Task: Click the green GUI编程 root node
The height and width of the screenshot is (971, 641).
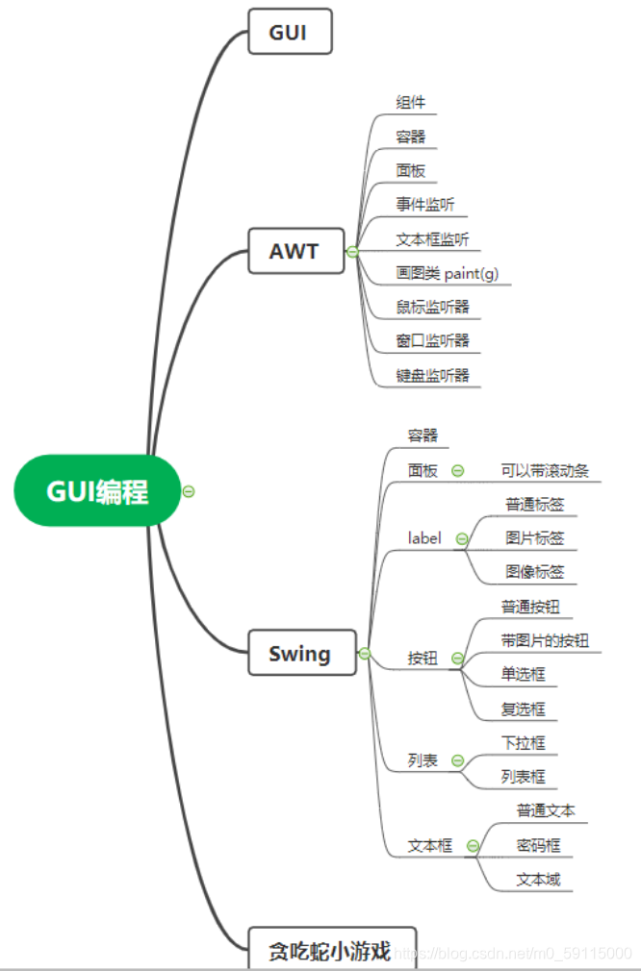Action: click(97, 491)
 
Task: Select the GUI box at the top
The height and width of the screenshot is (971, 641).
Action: click(290, 31)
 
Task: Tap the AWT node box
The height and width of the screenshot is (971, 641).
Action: click(295, 252)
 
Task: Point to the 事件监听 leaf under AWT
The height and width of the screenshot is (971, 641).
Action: click(424, 204)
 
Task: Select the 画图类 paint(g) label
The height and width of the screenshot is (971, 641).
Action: click(448, 273)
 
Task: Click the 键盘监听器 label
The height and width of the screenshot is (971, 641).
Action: click(432, 375)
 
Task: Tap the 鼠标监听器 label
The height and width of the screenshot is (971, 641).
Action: click(432, 307)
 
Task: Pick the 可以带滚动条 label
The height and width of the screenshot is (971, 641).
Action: click(544, 471)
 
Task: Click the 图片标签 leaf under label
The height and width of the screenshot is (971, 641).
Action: click(534, 537)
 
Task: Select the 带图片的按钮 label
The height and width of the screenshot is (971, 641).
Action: click(544, 640)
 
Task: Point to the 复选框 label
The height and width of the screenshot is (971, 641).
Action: click(523, 710)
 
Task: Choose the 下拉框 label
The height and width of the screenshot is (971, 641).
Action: click(523, 743)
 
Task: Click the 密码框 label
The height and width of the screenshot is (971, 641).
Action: click(538, 846)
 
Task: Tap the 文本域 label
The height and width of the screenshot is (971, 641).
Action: click(538, 880)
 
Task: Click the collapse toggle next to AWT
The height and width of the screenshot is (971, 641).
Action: click(352, 252)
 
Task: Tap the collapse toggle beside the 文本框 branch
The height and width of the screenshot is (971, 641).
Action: click(473, 846)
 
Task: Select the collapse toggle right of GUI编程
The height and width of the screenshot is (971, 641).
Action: click(189, 491)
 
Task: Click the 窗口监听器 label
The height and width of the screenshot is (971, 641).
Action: click(432, 341)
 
